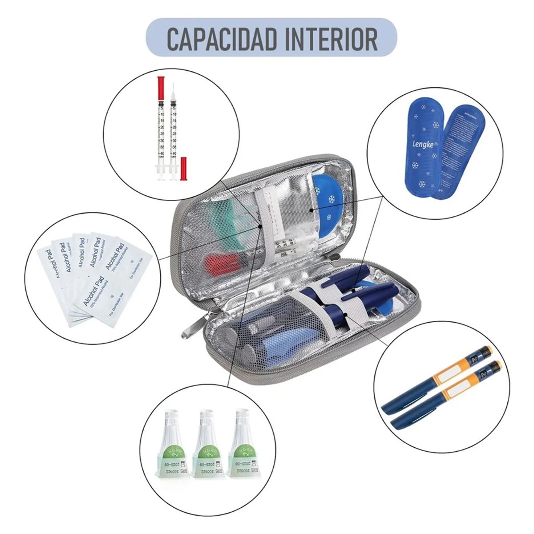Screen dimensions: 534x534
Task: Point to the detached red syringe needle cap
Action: click(x=183, y=169)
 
